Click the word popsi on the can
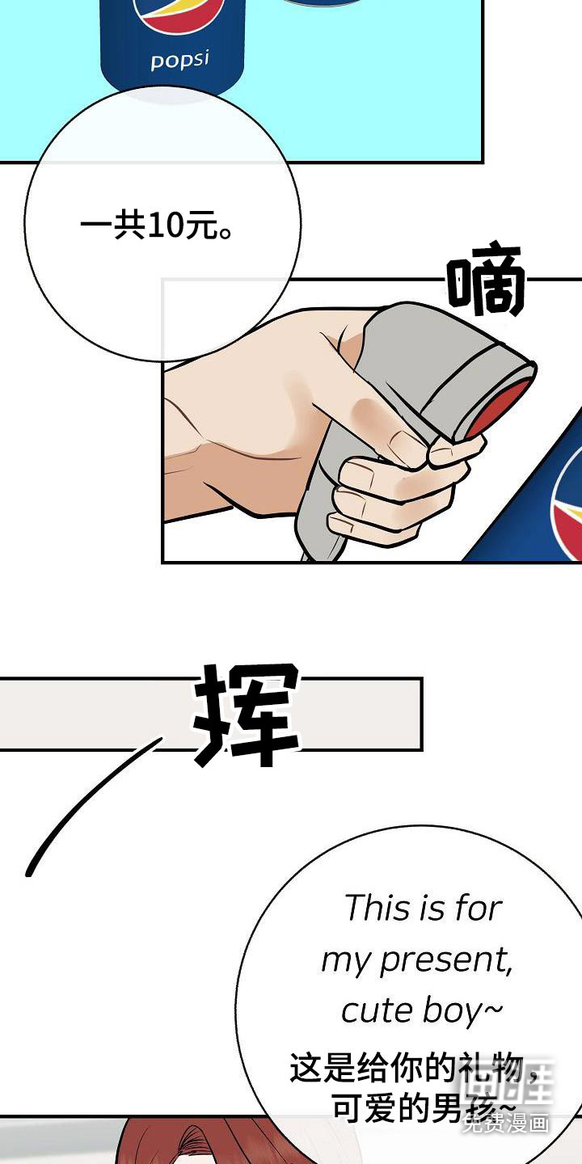tap(179, 60)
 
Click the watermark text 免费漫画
tap(506, 1122)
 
